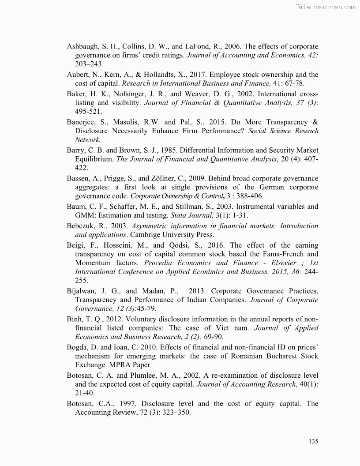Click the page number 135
click(313, 441)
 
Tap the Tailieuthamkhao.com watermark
click(325, 7)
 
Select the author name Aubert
click(78, 75)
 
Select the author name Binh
click(75, 319)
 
